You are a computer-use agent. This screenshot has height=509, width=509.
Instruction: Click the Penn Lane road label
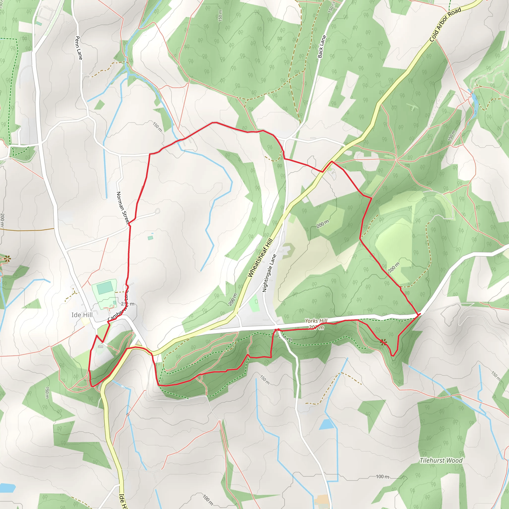pyautogui.click(x=79, y=48)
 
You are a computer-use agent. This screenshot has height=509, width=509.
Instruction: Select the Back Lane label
pyautogui.click(x=322, y=47)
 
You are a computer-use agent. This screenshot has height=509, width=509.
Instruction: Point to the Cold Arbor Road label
pyautogui.click(x=445, y=25)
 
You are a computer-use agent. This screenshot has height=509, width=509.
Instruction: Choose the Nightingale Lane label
pyautogui.click(x=269, y=273)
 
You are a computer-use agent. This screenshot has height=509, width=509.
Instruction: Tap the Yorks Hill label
pyautogui.click(x=316, y=321)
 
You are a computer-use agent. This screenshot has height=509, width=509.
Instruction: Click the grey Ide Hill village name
pyautogui.click(x=82, y=315)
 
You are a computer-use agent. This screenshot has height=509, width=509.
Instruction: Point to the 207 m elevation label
pyautogui.click(x=316, y=328)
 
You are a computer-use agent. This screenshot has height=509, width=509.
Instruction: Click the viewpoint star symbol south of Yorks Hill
pyautogui.click(x=383, y=342)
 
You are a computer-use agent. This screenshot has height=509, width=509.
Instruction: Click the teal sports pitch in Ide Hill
pyautogui.click(x=105, y=288)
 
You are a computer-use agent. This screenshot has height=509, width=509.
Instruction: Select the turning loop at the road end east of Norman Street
pyautogui.click(x=157, y=211)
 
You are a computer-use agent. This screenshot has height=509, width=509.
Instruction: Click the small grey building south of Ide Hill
pyautogui.click(x=101, y=347)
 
